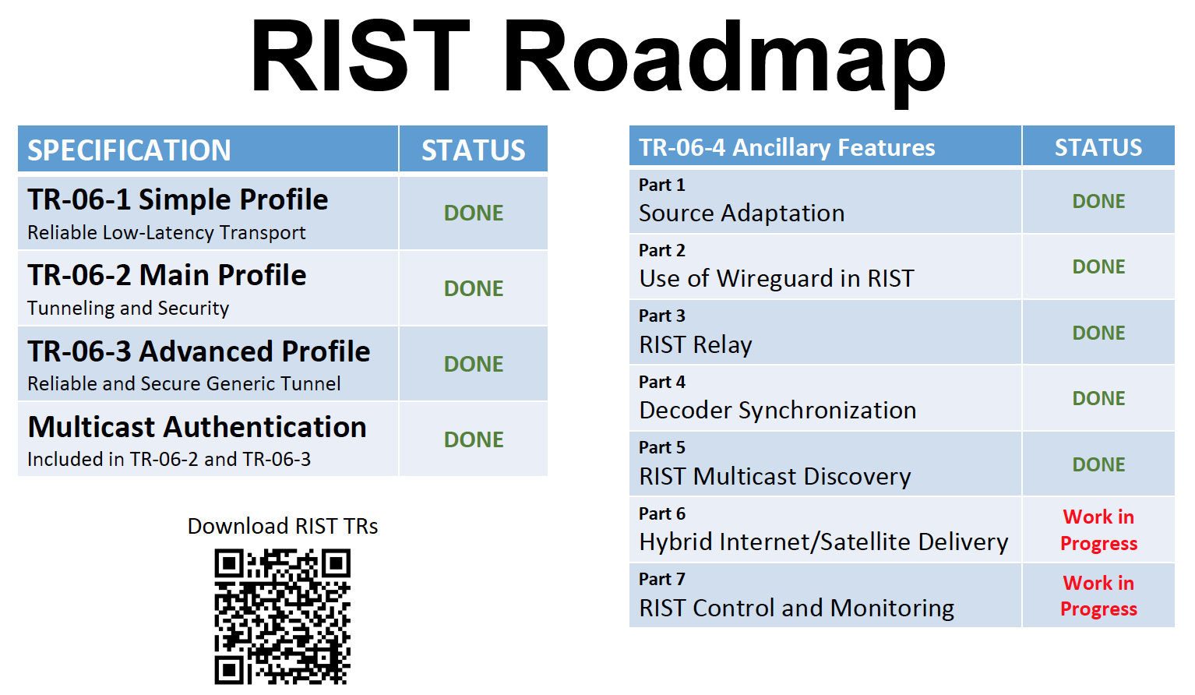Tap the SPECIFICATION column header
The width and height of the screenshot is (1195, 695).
tap(129, 150)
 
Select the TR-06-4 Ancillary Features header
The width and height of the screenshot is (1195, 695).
tap(787, 148)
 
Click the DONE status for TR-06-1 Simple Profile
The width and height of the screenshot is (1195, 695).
tap(474, 213)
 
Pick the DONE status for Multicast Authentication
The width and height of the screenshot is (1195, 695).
tap(474, 439)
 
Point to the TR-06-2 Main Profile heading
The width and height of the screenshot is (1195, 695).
tap(167, 275)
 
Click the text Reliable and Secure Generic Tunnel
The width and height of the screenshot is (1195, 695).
tap(184, 383)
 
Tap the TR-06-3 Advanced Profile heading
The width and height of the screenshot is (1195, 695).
tap(199, 351)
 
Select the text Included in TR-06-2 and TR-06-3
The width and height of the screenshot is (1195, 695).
tap(169, 459)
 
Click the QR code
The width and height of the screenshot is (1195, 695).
tap(283, 616)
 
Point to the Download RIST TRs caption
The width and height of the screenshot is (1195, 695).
tap(283, 527)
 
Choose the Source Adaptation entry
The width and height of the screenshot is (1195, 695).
tap(742, 213)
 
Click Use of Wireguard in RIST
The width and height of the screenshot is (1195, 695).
tap(777, 278)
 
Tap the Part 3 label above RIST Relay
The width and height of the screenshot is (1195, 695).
tap(662, 316)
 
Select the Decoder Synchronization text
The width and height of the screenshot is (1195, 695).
tap(777, 410)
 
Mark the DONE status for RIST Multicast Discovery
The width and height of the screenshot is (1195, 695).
tap(1099, 464)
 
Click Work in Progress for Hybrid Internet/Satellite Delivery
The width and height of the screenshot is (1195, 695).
tap(1099, 530)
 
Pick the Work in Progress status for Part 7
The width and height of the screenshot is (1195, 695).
tap(1099, 596)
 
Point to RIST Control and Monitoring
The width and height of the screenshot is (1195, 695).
tap(797, 608)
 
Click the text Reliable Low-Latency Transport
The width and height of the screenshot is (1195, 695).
tap(167, 232)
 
